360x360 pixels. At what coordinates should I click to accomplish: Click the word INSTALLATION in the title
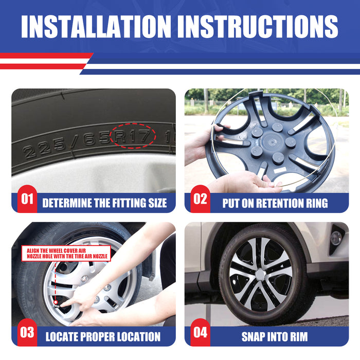click(x=96, y=26)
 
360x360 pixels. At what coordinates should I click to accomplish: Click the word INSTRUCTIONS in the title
click(x=258, y=26)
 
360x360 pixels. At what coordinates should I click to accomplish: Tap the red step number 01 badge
click(x=27, y=199)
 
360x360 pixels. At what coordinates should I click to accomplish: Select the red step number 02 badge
click(x=200, y=199)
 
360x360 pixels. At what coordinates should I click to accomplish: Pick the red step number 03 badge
click(x=27, y=332)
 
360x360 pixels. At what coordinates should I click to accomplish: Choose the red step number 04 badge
click(x=200, y=332)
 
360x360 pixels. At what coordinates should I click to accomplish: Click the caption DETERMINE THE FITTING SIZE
click(x=104, y=203)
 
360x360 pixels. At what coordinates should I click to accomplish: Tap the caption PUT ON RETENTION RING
click(x=275, y=203)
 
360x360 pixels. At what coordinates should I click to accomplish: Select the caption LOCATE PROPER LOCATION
click(x=103, y=336)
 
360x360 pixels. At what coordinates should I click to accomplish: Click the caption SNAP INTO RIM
click(x=275, y=336)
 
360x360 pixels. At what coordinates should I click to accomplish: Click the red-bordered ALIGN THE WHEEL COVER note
click(x=66, y=254)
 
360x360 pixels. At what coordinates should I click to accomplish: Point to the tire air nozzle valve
click(x=56, y=304)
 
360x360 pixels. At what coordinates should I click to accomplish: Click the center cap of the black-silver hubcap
click(x=260, y=274)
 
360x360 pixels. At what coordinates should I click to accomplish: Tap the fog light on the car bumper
click(x=336, y=238)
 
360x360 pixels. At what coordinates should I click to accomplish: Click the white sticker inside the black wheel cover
click(x=280, y=170)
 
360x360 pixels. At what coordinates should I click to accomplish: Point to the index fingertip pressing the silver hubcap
click(x=62, y=305)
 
